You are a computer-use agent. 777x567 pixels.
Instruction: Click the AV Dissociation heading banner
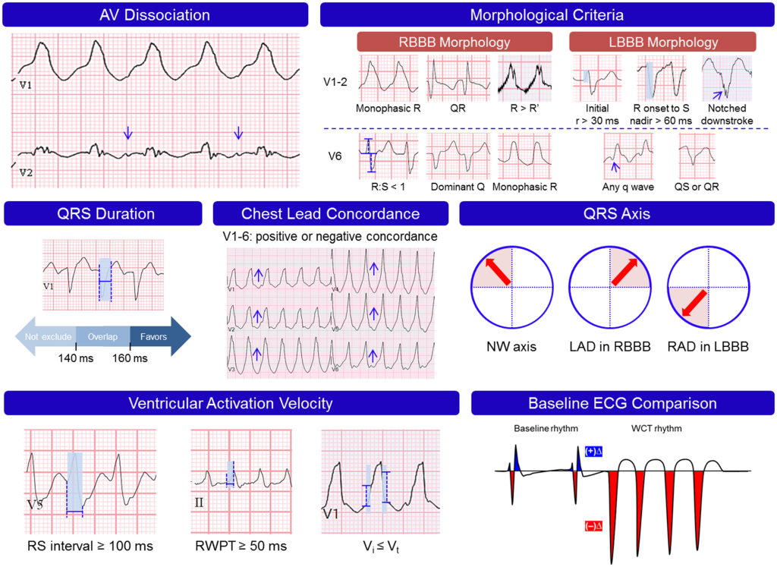click(x=156, y=14)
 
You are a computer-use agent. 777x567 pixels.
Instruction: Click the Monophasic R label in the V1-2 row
click(x=388, y=109)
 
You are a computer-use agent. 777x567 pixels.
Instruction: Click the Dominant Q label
click(x=455, y=186)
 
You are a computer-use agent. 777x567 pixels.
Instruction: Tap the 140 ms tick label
click(x=75, y=358)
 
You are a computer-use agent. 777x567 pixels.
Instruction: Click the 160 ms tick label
click(x=129, y=358)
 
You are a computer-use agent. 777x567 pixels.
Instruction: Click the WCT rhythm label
click(x=658, y=428)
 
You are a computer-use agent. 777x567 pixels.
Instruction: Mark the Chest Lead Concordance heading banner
click(x=330, y=213)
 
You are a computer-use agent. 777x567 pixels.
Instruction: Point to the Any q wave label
click(x=626, y=186)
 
